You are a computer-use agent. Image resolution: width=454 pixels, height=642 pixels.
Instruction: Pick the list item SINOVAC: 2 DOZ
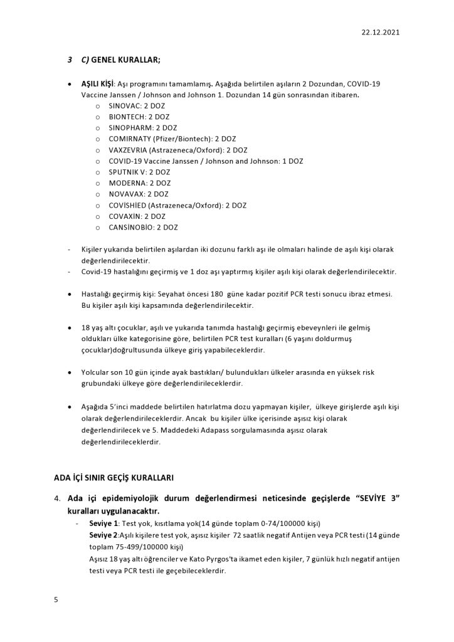click(137, 106)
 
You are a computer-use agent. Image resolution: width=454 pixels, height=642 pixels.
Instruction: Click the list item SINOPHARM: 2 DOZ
click(142, 127)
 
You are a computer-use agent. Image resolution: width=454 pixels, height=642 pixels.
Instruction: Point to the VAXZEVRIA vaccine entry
click(177, 150)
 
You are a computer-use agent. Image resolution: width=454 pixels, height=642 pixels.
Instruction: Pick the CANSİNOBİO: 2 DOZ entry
click(143, 227)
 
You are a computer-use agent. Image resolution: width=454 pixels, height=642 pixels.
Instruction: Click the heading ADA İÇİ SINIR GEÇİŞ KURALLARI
click(113, 478)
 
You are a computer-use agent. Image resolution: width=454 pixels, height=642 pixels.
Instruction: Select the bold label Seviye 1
click(103, 523)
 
